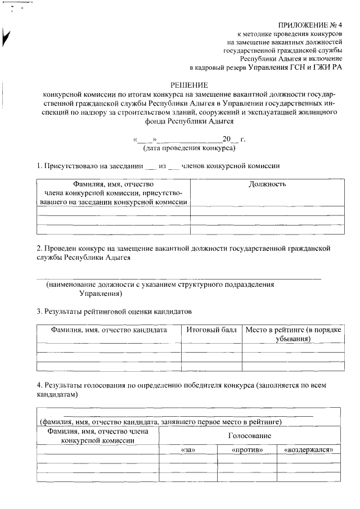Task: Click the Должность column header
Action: point(267,184)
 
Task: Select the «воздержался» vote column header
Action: point(312,451)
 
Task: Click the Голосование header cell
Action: point(249,436)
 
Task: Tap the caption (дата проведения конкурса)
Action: point(189,148)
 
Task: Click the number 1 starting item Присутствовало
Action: point(39,166)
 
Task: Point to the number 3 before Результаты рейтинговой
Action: point(39,311)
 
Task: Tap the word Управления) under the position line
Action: point(101,294)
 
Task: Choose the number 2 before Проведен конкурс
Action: point(39,248)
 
